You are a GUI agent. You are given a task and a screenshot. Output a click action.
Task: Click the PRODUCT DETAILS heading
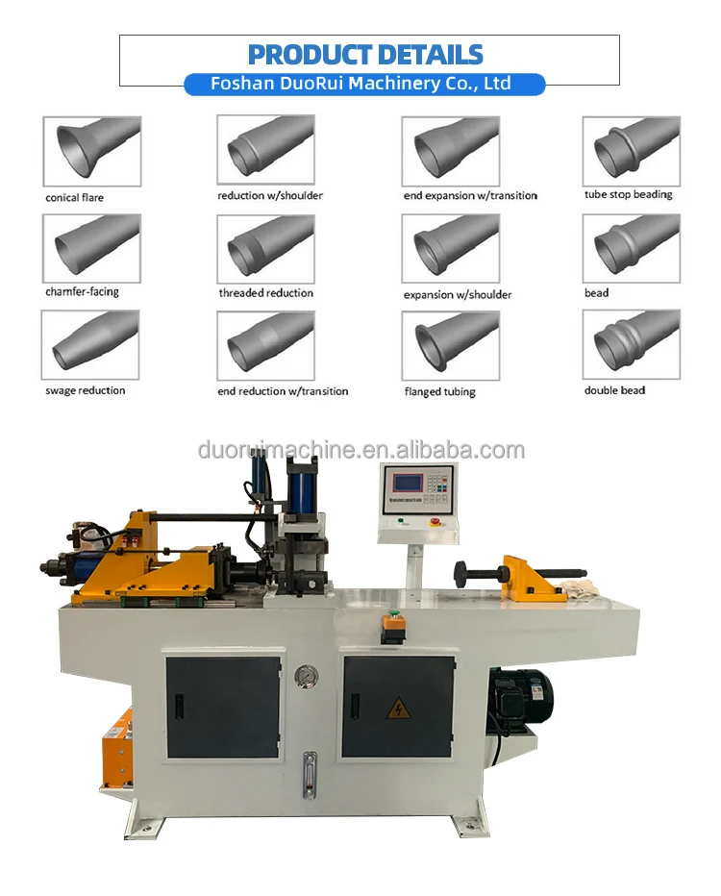point(365,54)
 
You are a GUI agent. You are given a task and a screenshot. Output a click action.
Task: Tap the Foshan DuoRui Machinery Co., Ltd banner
point(363,85)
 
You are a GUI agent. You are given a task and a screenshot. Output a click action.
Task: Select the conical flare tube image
point(91,151)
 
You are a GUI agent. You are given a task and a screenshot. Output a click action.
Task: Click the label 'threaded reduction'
point(265,293)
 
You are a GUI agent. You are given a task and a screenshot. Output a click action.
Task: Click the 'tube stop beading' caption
point(628,195)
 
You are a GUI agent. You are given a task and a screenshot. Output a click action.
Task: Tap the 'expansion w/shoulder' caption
point(457,294)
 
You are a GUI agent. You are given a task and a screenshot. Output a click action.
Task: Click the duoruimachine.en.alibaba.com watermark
point(361,450)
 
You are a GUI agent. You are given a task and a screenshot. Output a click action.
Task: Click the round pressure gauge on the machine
point(307,675)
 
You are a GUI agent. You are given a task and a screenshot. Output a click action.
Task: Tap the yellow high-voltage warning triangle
point(397,709)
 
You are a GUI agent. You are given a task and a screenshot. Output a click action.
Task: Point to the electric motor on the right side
point(520,694)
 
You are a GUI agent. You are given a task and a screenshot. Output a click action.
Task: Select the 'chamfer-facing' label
point(82,292)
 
